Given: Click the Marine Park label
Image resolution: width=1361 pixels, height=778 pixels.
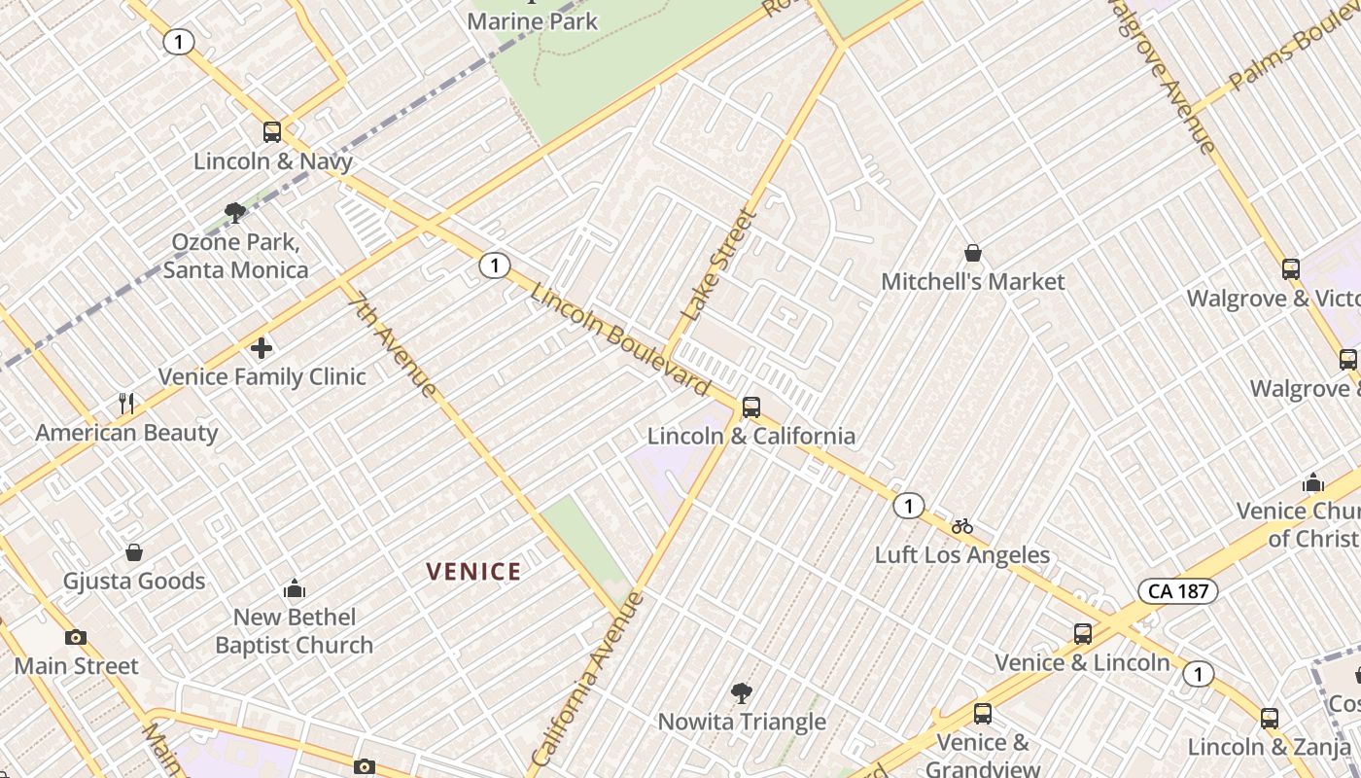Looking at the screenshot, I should (x=532, y=20).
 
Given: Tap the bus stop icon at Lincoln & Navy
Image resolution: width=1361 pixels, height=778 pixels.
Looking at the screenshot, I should (x=272, y=132).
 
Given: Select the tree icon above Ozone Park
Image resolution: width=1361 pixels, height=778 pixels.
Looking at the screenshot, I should (x=234, y=212).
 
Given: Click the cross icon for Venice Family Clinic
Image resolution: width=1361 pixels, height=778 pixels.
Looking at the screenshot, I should (x=262, y=347).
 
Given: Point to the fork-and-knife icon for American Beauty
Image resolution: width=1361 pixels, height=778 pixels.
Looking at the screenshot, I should (x=126, y=403).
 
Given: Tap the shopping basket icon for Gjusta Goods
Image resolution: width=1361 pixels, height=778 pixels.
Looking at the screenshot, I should (x=134, y=552).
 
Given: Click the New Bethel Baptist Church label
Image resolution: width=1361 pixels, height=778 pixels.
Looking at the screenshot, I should (x=294, y=630).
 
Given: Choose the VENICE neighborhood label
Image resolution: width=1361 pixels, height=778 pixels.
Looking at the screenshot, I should (x=473, y=572).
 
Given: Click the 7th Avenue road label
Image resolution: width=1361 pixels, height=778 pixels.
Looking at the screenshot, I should (x=392, y=345).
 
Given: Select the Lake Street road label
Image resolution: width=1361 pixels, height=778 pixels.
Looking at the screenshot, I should (x=719, y=265).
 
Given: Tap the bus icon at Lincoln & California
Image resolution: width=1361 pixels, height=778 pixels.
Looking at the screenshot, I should (x=750, y=407).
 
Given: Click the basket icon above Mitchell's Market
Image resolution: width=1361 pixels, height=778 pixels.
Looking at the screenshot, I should (x=972, y=254).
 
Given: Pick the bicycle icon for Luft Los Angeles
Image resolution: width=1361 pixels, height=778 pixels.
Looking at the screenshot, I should (x=962, y=526).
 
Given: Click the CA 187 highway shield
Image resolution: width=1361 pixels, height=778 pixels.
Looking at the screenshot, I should (x=1177, y=590).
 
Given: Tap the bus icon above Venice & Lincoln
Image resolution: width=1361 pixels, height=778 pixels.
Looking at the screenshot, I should (x=1082, y=634).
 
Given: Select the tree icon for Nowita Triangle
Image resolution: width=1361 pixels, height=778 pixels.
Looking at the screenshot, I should (x=742, y=693).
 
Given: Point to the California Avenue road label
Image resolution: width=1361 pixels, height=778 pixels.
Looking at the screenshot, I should (x=588, y=677).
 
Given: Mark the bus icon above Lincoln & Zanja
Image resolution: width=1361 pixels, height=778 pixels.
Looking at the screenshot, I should (x=1269, y=719).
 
